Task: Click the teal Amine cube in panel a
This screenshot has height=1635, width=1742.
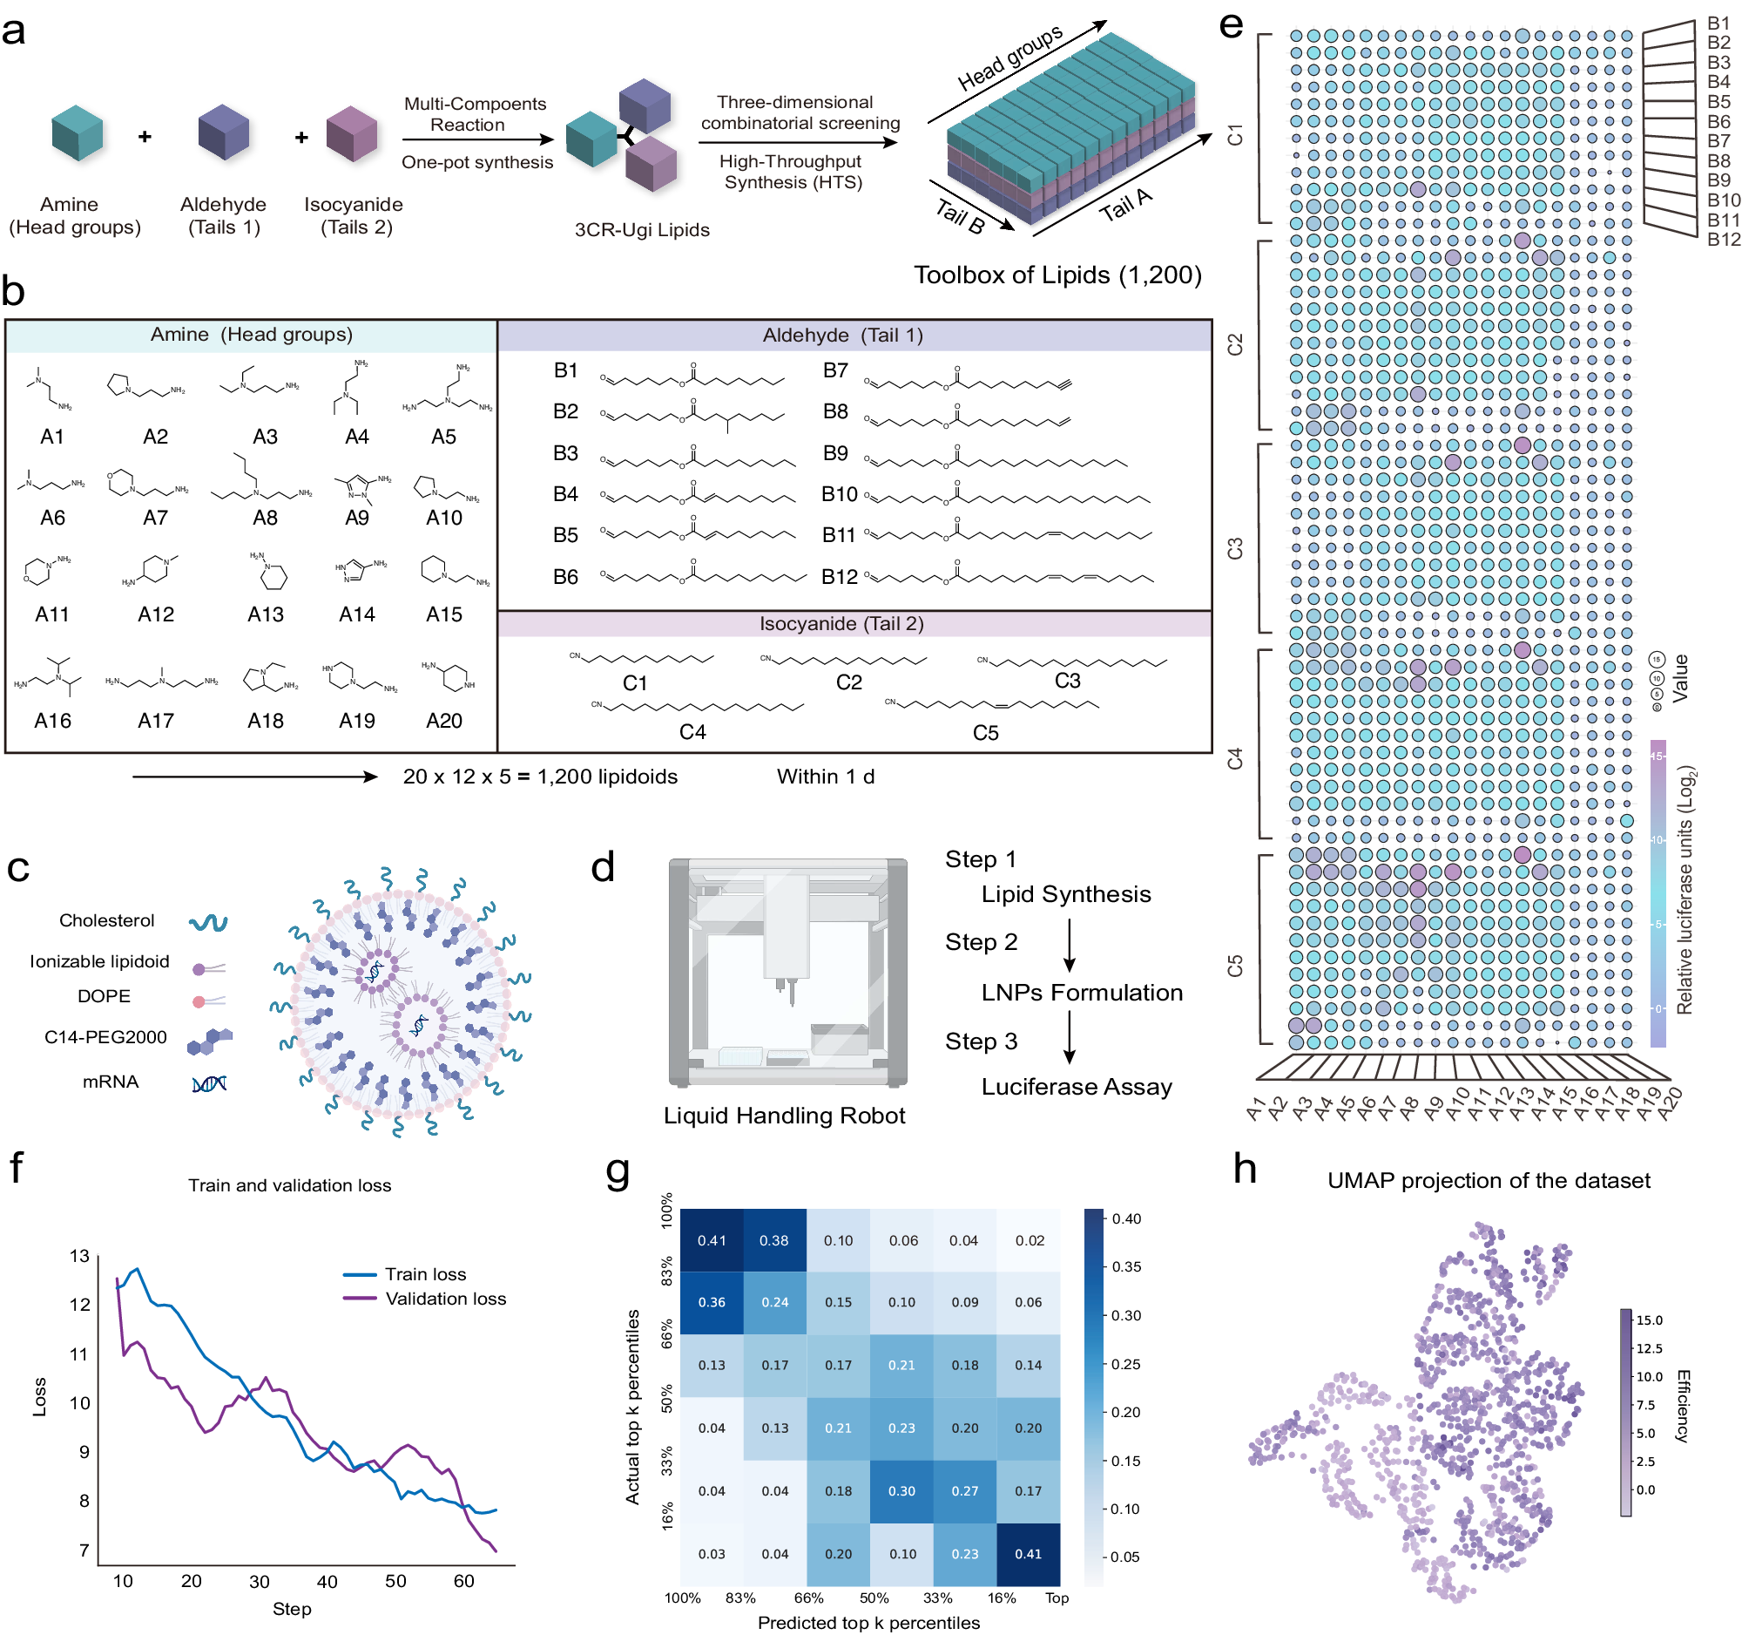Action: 78,133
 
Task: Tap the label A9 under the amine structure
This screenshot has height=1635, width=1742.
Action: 356,518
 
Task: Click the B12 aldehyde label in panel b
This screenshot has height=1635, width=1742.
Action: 839,578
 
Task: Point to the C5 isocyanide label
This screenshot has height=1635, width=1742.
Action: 985,733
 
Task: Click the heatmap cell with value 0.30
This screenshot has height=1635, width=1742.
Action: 901,1491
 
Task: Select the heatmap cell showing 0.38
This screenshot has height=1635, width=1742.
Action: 773,1240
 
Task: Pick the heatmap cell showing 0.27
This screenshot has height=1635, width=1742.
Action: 965,1491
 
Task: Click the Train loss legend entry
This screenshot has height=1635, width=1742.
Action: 425,1275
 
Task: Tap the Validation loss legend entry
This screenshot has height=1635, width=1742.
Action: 445,1299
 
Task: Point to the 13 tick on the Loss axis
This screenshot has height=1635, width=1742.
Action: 80,1256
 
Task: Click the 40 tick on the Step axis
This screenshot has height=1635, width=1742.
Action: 327,1582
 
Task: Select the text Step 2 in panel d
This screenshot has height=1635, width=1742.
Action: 981,942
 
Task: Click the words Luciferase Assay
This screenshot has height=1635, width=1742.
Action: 1076,1087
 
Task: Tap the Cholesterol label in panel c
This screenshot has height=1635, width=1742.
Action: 107,920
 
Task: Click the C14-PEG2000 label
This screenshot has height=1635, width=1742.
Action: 105,1037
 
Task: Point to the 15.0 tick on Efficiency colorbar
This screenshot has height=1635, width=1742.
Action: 1648,1320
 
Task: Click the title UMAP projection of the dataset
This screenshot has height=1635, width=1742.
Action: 1488,1181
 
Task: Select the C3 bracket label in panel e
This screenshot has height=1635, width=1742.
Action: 1235,549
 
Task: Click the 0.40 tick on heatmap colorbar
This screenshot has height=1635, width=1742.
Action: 1126,1218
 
